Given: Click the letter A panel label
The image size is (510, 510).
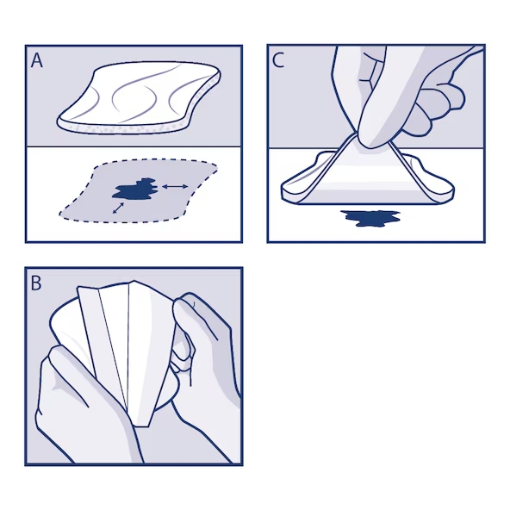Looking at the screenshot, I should pos(38,61).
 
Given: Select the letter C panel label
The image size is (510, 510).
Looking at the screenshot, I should pos(279,61).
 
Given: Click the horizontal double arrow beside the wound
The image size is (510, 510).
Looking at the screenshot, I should pos(177,186).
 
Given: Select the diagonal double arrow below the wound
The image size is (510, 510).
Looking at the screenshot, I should pos(115,208).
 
